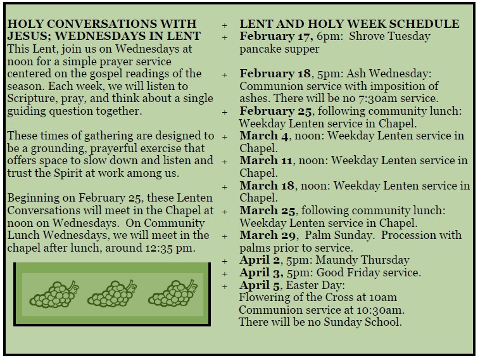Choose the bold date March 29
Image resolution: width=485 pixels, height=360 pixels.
point(261,235)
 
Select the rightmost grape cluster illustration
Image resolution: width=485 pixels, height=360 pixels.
point(172,295)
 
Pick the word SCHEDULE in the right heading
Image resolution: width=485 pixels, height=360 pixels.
point(425,24)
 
